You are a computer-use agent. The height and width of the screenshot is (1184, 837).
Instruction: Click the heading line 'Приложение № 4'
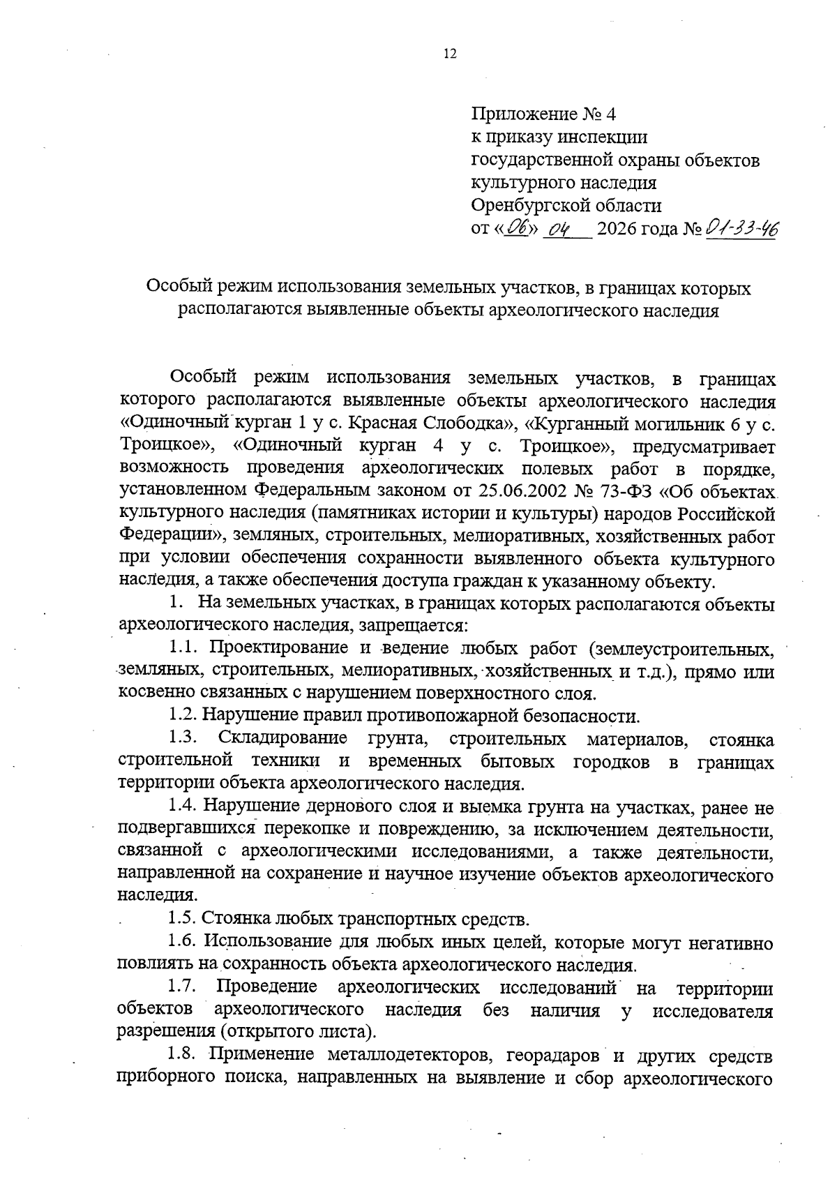click(544, 114)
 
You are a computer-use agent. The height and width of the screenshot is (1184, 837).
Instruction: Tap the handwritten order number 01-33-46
click(742, 228)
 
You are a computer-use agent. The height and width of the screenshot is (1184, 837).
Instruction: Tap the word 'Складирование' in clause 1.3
click(282, 739)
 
